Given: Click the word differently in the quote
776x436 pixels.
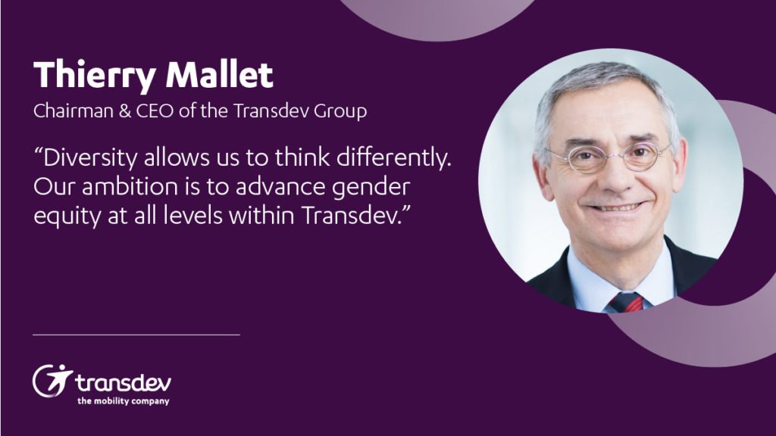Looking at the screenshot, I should (387, 160).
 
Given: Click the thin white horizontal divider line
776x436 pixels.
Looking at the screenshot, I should (136, 334).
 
